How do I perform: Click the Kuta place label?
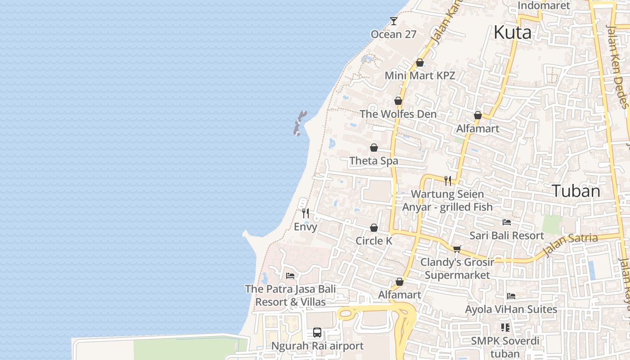512,32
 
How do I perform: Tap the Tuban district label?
576,191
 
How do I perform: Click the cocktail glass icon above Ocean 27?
394,21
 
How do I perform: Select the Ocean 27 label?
393,34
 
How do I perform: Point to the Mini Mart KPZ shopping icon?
420,63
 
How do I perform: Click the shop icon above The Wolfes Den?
398,101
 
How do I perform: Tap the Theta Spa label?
373,161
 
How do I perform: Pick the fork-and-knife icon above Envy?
306,213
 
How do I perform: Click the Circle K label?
374,241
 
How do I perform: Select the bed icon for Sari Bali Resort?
507,222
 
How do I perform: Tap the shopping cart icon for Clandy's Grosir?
457,249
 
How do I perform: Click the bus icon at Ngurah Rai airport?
317,333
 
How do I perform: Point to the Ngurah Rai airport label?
317,346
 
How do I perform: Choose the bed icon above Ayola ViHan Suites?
511,296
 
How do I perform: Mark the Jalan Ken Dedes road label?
618,67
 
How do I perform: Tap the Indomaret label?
544,5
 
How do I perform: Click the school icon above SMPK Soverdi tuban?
505,327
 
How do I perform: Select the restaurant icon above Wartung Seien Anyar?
448,181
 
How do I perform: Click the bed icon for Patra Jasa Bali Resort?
290,275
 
